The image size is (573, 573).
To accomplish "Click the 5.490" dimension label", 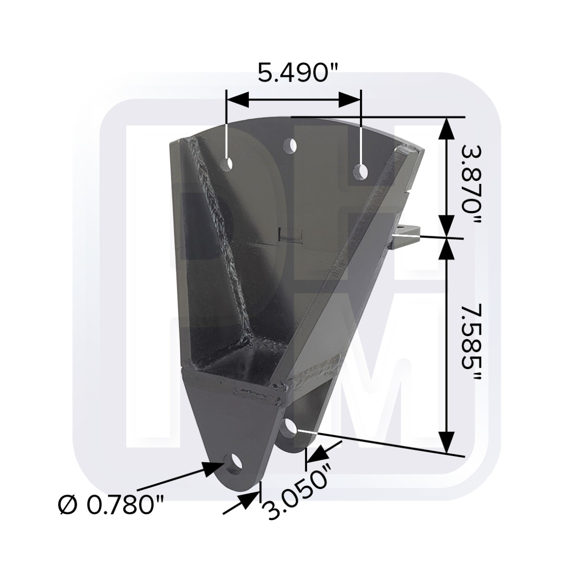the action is (298, 72).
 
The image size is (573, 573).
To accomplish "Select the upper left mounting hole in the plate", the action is (227, 164).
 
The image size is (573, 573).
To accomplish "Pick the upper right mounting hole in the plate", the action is (361, 172).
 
